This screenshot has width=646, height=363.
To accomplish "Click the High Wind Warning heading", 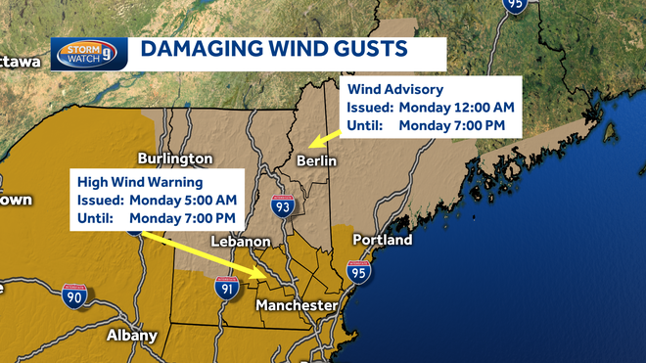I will [x=140, y=181].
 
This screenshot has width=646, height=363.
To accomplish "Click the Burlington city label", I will [x=175, y=158].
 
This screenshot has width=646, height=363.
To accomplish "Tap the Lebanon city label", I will [x=240, y=241].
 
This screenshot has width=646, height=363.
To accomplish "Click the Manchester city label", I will [x=296, y=306].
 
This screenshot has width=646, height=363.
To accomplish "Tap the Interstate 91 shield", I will [x=226, y=287].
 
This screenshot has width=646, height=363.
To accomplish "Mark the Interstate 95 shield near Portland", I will [x=359, y=273].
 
